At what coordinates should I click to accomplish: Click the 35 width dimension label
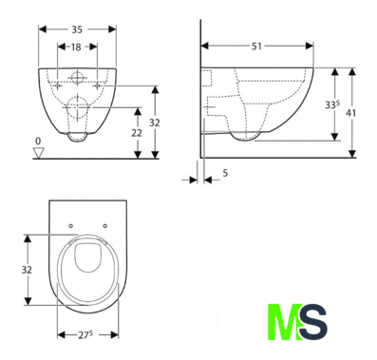tap(77, 29)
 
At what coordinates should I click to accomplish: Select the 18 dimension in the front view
tap(76, 47)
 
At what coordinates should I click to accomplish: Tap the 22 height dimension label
tap(137, 133)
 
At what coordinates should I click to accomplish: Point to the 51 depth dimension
tap(256, 47)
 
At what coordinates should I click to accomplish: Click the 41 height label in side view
tap(350, 113)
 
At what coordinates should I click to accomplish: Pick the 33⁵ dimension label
tap(332, 104)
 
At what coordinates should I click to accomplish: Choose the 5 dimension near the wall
tap(225, 173)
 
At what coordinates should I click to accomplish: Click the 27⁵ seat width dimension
tap(85, 335)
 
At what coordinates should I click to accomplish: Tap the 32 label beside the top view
tap(27, 270)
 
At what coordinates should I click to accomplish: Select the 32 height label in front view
tap(155, 123)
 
